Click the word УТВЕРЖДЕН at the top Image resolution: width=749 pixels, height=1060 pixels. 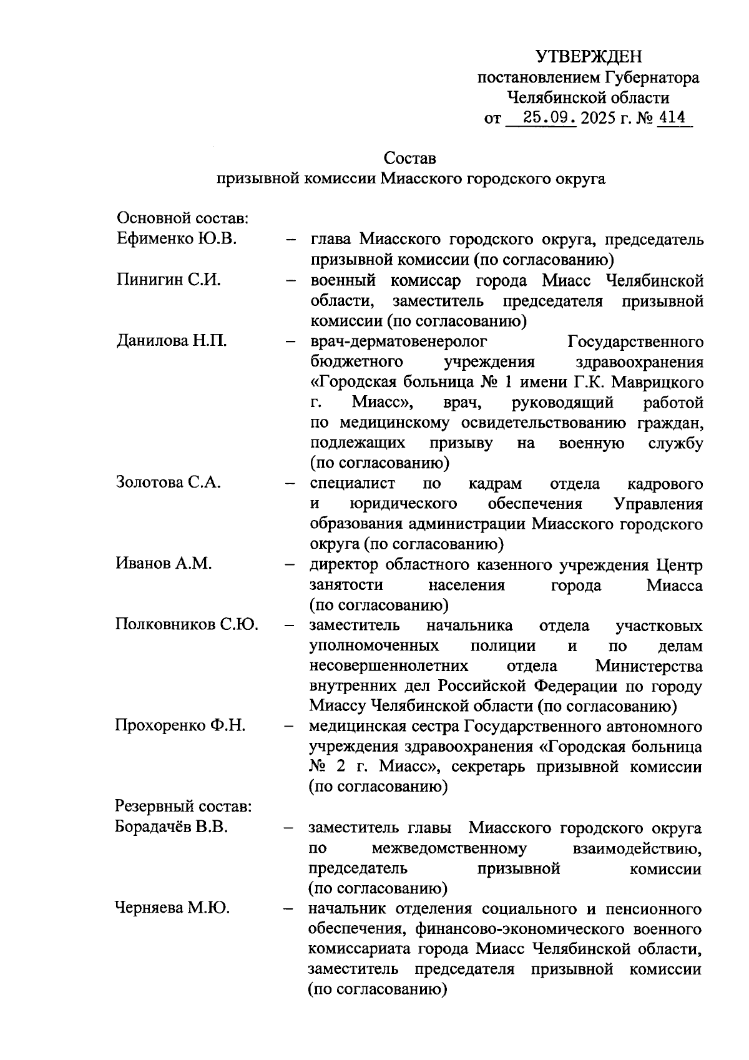pyautogui.click(x=589, y=57)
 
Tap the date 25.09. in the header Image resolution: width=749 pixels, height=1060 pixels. pyautogui.click(x=550, y=117)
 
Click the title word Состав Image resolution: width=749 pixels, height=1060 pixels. pyautogui.click(x=410, y=158)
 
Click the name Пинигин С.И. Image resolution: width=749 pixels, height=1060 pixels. pyautogui.click(x=169, y=280)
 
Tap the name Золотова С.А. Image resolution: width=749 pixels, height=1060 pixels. pyautogui.click(x=169, y=483)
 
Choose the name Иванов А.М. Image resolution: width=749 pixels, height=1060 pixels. pyautogui.click(x=164, y=564)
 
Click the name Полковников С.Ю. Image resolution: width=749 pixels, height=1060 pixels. pyautogui.click(x=187, y=625)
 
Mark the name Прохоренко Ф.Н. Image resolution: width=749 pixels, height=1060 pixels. pyautogui.click(x=180, y=726)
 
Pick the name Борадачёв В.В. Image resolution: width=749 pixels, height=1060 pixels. pyautogui.click(x=172, y=828)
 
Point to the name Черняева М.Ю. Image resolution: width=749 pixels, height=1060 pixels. pyautogui.click(x=172, y=908)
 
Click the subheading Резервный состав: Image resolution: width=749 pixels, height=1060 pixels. pyautogui.click(x=184, y=807)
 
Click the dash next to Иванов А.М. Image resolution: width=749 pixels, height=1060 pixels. pyautogui.click(x=290, y=565)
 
